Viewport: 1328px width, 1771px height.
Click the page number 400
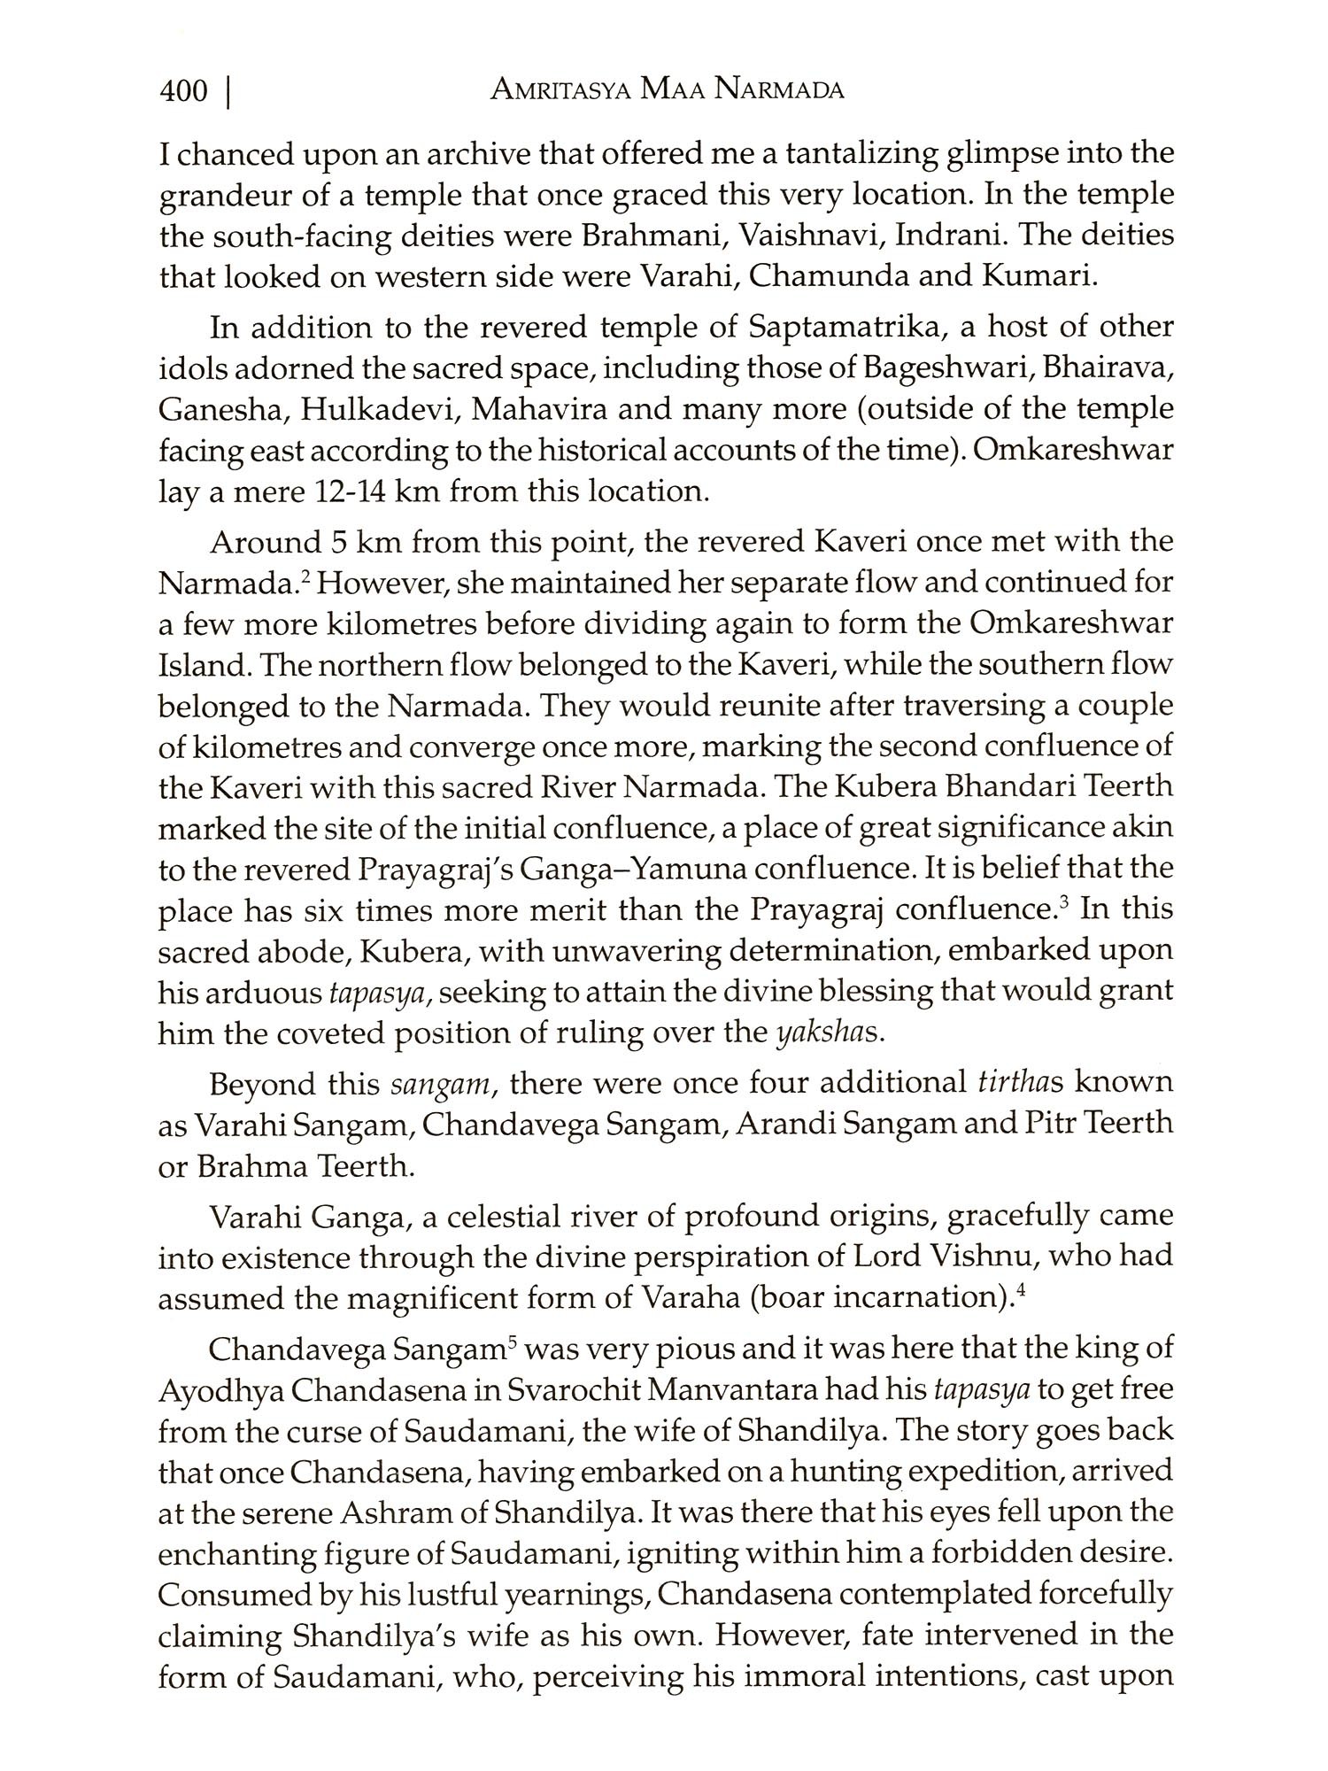183,91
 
